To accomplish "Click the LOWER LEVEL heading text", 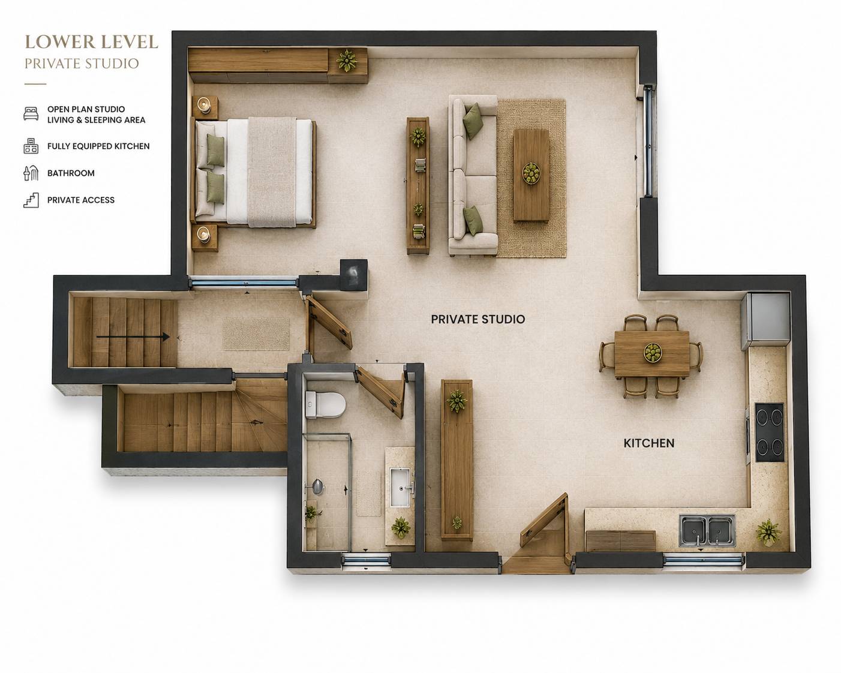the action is click(x=91, y=42).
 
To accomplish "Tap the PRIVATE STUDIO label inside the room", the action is click(x=477, y=319).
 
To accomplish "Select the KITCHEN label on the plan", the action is click(x=648, y=443).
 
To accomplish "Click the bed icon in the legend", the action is click(x=31, y=113).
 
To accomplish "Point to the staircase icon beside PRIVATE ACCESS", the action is click(x=31, y=200).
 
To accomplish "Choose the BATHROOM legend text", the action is click(x=71, y=173).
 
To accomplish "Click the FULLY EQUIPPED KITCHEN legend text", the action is click(x=98, y=146).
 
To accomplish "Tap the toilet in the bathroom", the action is click(x=325, y=404).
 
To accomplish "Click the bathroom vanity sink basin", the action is click(x=401, y=488).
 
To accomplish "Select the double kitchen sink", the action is click(x=707, y=530).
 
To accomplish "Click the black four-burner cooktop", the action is click(x=770, y=432).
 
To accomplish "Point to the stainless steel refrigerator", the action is click(x=765, y=321).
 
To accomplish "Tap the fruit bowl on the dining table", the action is click(x=653, y=352).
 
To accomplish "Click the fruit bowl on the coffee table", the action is click(x=531, y=173).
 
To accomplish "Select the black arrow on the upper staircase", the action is click(x=133, y=336).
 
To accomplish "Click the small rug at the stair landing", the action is click(x=256, y=334).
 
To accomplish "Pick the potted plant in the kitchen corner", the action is click(x=768, y=532).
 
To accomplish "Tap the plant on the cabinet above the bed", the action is click(x=347, y=61).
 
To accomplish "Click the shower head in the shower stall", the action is click(x=317, y=486).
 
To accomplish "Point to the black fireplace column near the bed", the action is click(x=354, y=275).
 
